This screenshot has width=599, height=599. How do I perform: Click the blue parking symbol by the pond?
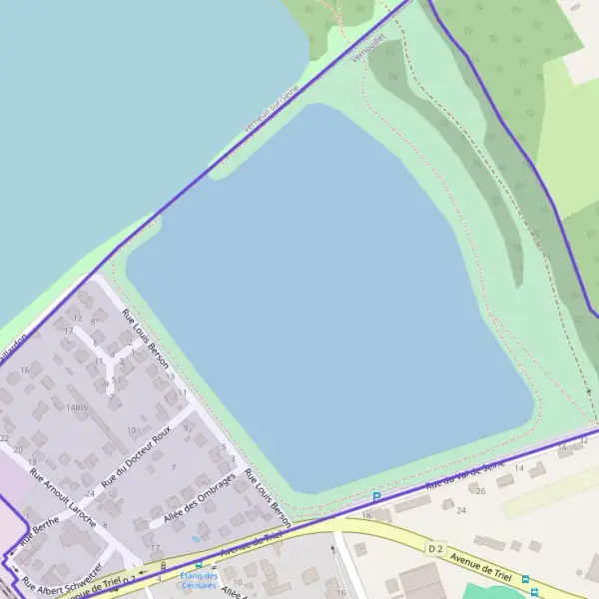tap(376, 496)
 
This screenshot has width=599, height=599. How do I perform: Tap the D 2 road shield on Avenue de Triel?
tap(434, 548)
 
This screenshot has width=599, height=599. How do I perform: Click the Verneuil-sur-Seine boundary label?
tap(271, 109)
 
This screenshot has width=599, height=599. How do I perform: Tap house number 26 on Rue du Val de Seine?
tap(480, 490)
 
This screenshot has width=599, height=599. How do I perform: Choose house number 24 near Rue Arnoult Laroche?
tap(90, 494)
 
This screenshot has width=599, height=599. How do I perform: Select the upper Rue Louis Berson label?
tap(146, 338)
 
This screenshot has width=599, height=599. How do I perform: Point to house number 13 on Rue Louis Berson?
tap(171, 376)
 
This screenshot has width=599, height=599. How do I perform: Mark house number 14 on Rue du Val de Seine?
tap(518, 467)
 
